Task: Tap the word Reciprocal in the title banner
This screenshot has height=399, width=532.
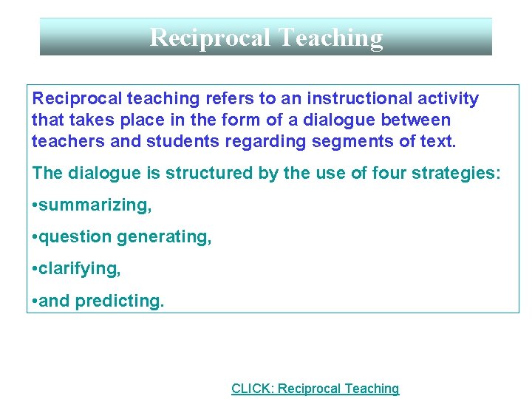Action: pos(211,37)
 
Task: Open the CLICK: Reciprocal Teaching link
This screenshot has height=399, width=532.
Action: pos(315,389)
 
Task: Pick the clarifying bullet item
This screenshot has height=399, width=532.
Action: pos(79,269)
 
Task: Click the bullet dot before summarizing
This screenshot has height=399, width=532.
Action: pos(35,205)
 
